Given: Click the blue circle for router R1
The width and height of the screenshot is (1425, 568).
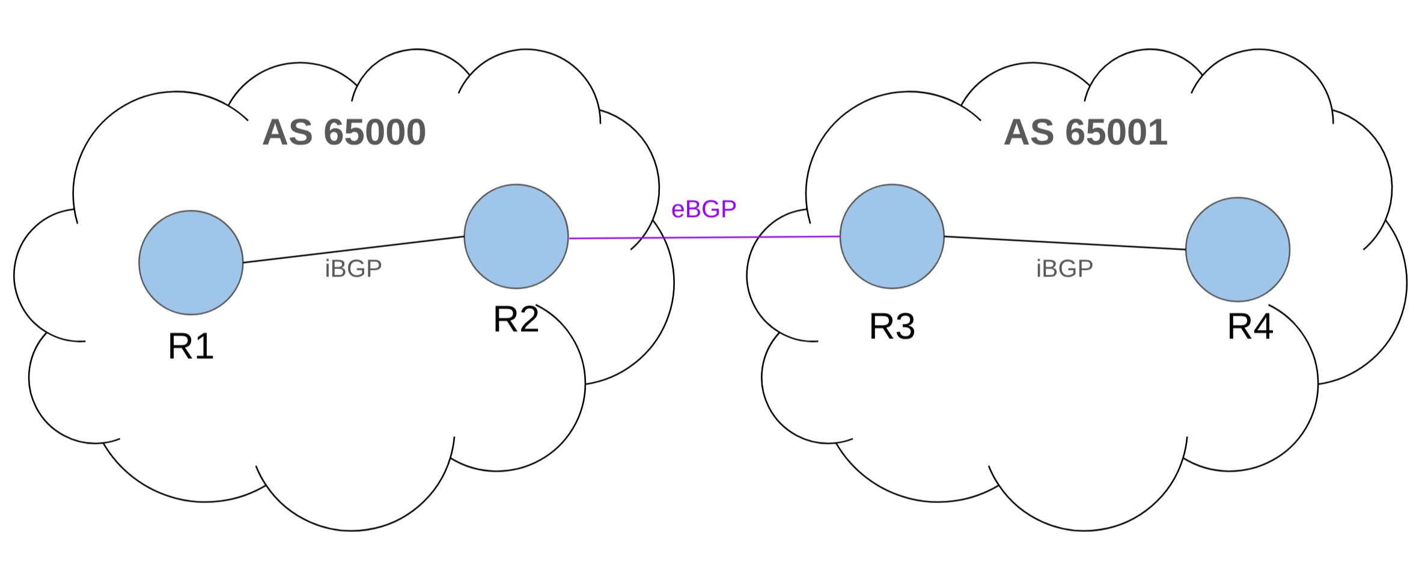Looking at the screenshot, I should click(x=191, y=263).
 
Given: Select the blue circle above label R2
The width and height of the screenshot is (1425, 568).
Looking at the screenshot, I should click(x=516, y=236).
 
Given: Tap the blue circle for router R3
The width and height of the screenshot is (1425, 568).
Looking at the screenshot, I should click(x=892, y=236).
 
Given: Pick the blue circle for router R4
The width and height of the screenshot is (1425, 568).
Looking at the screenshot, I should click(x=1237, y=249).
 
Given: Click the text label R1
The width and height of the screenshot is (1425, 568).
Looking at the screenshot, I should click(x=191, y=347).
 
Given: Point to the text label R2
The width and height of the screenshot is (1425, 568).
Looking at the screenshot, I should click(x=516, y=320).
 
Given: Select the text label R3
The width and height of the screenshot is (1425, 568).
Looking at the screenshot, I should click(x=892, y=327).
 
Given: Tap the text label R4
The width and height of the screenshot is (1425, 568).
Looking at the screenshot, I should click(x=1250, y=327).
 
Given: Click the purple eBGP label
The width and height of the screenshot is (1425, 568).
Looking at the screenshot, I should click(x=703, y=209).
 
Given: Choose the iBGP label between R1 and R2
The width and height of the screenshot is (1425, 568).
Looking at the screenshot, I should click(x=353, y=269).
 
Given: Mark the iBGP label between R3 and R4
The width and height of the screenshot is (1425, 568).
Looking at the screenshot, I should click(x=1064, y=269).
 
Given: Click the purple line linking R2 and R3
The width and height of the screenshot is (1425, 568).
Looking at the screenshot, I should click(x=703, y=237).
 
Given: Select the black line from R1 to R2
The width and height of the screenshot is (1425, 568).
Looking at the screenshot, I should click(x=353, y=249).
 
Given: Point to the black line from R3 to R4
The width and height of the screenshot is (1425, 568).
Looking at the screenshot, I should click(x=1064, y=243).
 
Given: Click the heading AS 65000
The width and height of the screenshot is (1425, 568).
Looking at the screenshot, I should click(x=344, y=132).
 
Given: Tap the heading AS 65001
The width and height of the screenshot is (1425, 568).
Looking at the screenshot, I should click(x=1085, y=132).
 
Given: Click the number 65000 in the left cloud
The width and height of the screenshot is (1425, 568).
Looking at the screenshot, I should click(x=374, y=132).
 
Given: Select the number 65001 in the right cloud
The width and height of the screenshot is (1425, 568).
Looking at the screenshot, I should click(x=1116, y=132).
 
